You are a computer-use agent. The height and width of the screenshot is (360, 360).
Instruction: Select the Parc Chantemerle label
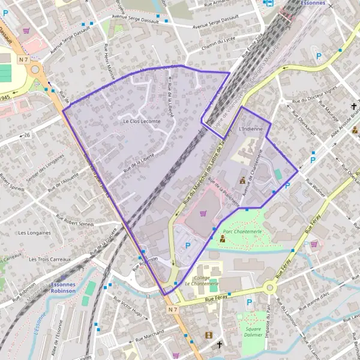(x=239, y=230)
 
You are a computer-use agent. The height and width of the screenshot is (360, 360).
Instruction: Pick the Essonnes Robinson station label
(x=64, y=287)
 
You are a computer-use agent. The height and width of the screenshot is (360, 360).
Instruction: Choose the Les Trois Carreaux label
(x=50, y=259)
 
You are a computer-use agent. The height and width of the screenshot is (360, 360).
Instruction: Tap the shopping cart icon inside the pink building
(x=203, y=212)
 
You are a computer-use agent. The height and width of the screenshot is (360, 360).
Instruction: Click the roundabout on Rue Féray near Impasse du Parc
(x=270, y=289)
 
